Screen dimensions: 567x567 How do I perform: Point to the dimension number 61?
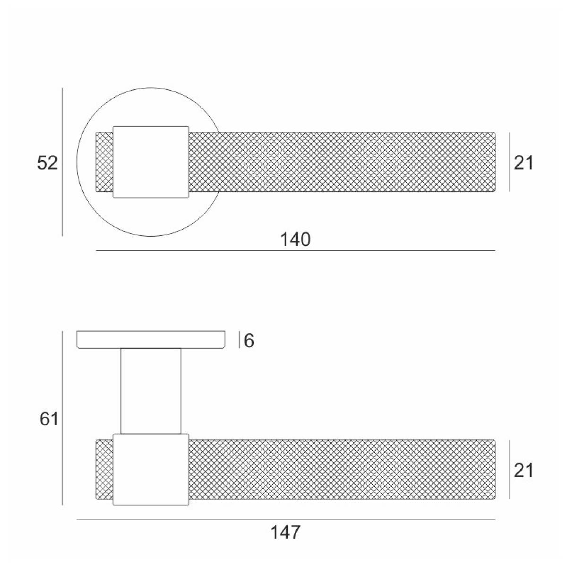tap(49, 419)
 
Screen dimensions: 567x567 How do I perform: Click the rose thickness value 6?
tap(249, 341)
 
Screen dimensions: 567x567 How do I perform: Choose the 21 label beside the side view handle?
tap(524, 471)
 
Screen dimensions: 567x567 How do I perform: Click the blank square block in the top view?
tap(151, 162)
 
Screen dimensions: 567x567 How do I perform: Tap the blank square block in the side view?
tap(151, 470)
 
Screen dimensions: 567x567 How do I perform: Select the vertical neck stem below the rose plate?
tap(151, 391)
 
